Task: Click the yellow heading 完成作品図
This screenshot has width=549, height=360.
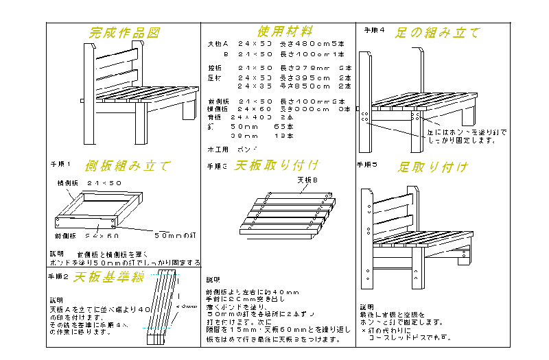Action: [125, 33]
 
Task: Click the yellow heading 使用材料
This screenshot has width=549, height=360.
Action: [285, 32]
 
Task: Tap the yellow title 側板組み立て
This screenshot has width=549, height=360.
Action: [128, 166]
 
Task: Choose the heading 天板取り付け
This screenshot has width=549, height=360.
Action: [277, 165]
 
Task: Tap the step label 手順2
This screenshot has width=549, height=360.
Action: [58, 277]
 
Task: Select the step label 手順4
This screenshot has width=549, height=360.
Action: [374, 31]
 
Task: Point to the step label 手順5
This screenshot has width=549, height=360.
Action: [368, 165]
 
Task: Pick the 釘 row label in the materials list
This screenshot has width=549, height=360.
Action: [211, 126]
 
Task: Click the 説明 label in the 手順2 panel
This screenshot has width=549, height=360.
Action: [56, 300]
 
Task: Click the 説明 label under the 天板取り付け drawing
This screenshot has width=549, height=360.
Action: [213, 280]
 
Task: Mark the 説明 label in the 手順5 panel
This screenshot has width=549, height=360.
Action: [367, 307]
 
